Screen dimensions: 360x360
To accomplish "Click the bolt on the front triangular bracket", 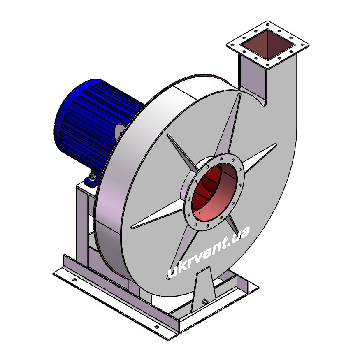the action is [204, 302].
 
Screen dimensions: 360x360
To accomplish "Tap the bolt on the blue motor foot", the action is [93, 177].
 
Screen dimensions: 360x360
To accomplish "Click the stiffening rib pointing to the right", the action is [260, 158].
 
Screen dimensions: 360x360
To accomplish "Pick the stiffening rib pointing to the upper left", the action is [181, 152].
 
